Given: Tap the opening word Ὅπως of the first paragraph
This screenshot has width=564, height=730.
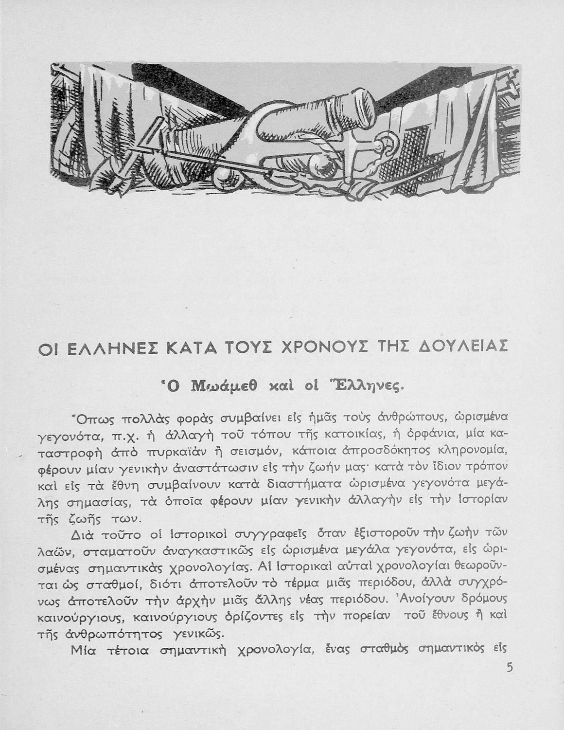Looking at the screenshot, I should click(x=88, y=417).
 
